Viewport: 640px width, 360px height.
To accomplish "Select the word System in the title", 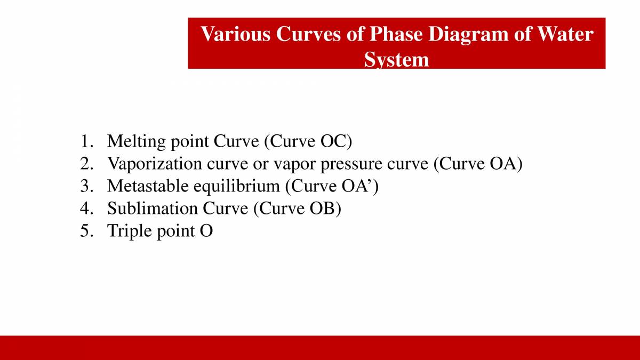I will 396,59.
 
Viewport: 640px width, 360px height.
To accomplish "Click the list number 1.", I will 86,141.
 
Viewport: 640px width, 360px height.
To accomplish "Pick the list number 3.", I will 86,186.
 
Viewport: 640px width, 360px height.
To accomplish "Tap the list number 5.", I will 86,231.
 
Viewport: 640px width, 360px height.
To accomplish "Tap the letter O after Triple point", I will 206,231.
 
